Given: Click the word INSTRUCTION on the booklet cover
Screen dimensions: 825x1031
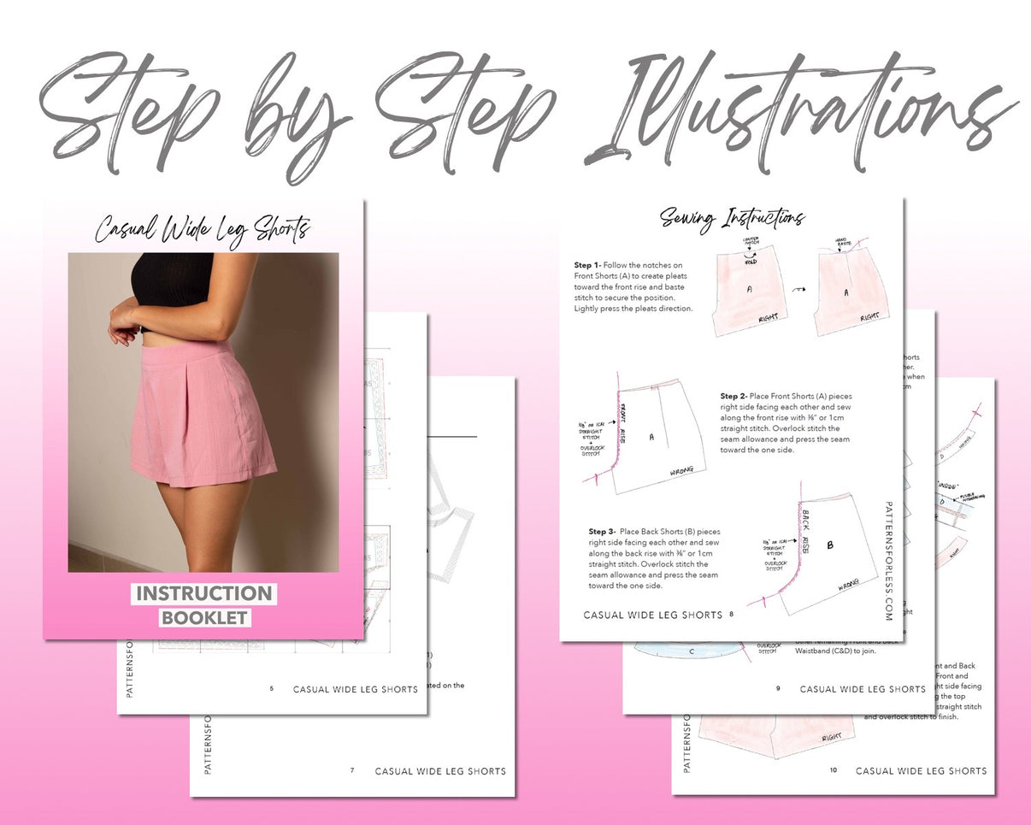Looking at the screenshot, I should click(x=203, y=593).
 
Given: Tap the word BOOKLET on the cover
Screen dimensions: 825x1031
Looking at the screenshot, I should click(x=204, y=617).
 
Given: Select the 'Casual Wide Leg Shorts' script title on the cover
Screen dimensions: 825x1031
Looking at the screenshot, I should click(x=203, y=229).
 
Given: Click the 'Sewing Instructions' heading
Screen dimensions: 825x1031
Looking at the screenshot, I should click(x=732, y=219).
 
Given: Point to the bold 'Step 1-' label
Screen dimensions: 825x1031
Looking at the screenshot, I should click(x=587, y=266).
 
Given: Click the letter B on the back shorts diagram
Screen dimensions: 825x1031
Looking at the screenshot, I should click(x=828, y=544).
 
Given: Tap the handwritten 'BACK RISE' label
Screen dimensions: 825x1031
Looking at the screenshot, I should click(x=804, y=532).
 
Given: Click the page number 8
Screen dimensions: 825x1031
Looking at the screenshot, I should click(x=732, y=614).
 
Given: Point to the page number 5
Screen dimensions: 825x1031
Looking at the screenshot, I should click(x=272, y=688).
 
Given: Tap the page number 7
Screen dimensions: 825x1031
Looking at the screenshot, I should click(x=351, y=770).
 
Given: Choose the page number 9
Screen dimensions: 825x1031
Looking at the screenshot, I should click(x=778, y=688).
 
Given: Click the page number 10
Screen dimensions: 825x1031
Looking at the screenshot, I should click(x=834, y=770).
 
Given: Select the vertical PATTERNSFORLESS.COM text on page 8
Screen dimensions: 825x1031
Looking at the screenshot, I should click(x=889, y=561).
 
